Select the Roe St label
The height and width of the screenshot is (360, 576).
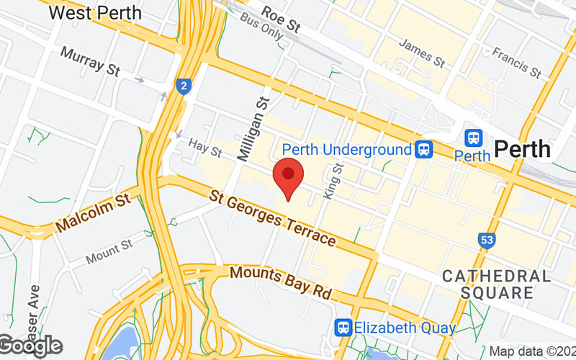[281, 20]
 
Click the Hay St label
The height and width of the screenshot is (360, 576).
[205, 149]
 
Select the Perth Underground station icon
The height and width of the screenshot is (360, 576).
[425, 150]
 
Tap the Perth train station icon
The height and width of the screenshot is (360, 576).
[474, 138]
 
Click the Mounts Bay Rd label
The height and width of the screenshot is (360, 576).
[281, 284]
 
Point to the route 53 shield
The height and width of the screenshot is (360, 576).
[487, 240]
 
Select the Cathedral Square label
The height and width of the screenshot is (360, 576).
[497, 284]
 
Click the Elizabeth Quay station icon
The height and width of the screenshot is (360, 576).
[343, 328]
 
